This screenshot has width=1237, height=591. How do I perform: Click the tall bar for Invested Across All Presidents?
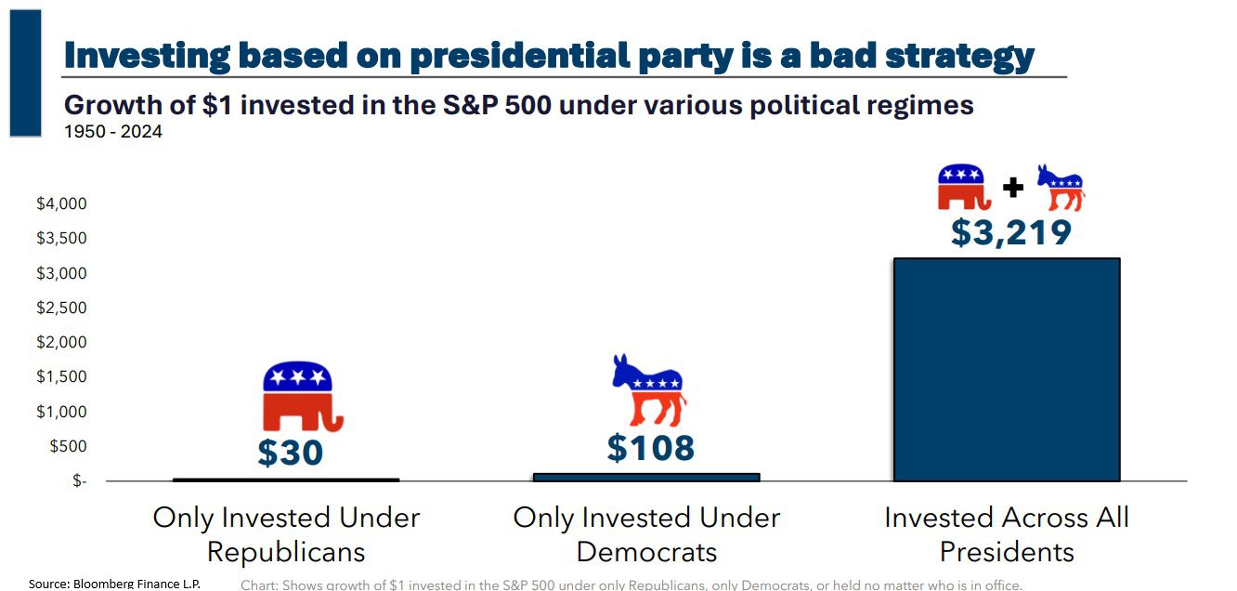[1006, 370]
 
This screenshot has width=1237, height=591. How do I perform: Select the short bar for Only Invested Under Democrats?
[646, 477]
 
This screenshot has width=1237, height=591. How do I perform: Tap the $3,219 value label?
[1010, 232]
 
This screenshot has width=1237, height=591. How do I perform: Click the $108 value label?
[650, 448]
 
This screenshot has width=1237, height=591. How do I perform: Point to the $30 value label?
[290, 453]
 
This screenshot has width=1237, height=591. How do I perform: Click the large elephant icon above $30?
[299, 396]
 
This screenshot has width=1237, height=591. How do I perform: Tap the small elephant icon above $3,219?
[963, 187]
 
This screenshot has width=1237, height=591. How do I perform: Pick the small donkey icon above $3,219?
[1060, 188]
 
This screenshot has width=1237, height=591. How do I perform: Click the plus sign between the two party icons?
[1012, 188]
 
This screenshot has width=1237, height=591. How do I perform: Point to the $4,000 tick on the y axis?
[61, 204]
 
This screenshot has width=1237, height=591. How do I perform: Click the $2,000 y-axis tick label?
[61, 343]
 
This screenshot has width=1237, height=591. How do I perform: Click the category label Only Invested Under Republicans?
[286, 534]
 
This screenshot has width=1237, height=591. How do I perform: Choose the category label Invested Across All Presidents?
[1007, 534]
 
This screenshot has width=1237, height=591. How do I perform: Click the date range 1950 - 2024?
[112, 132]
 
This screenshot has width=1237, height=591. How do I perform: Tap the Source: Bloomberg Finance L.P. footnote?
[114, 584]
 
